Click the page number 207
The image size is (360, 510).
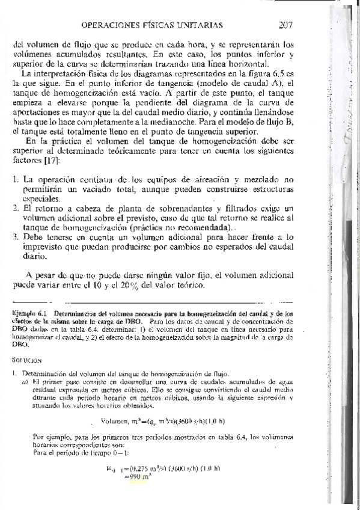285,25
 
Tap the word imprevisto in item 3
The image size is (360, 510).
45,247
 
